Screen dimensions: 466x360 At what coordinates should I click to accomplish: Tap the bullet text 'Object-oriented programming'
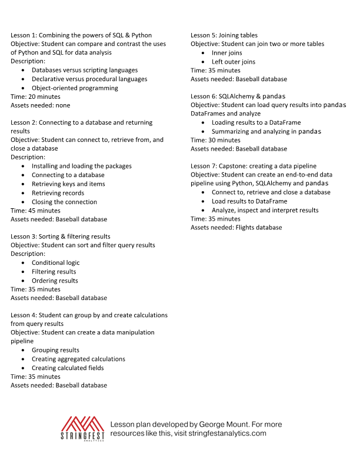tap(75, 88)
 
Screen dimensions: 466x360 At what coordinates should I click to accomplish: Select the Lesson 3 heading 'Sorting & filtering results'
tap(60, 237)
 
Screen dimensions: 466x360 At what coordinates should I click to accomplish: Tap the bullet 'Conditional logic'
tap(55, 262)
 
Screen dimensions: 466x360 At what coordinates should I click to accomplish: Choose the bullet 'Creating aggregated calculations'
tap(78, 359)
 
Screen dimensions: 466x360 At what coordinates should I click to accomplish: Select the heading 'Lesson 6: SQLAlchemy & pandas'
tap(238, 96)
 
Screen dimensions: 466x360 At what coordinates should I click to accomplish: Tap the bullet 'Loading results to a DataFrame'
tap(256, 122)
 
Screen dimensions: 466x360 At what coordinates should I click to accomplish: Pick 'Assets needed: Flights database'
tap(236, 227)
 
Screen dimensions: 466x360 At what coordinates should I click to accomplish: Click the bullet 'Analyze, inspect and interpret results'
tap(265, 210)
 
